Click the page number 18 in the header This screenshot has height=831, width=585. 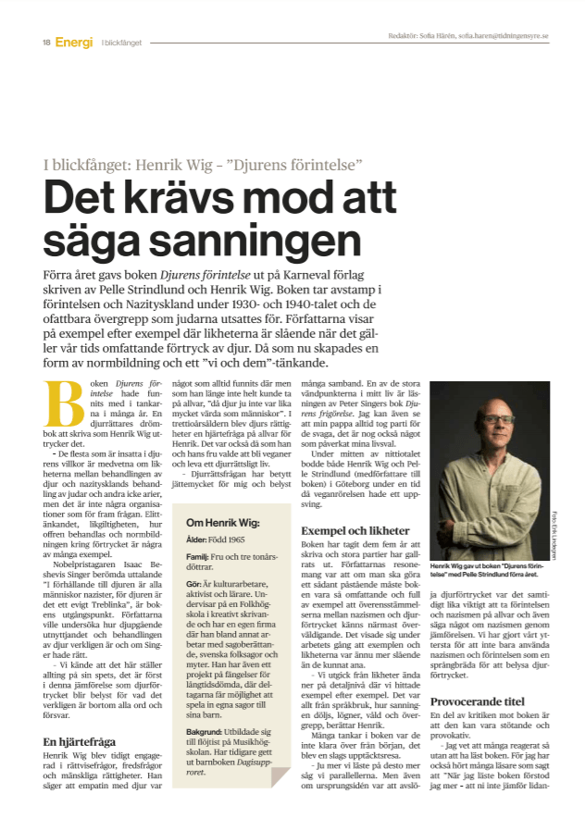coord(45,42)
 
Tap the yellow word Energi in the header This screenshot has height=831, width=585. coord(73,42)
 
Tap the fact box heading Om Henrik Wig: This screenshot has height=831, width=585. coord(221,522)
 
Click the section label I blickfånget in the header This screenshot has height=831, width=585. coord(121,43)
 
